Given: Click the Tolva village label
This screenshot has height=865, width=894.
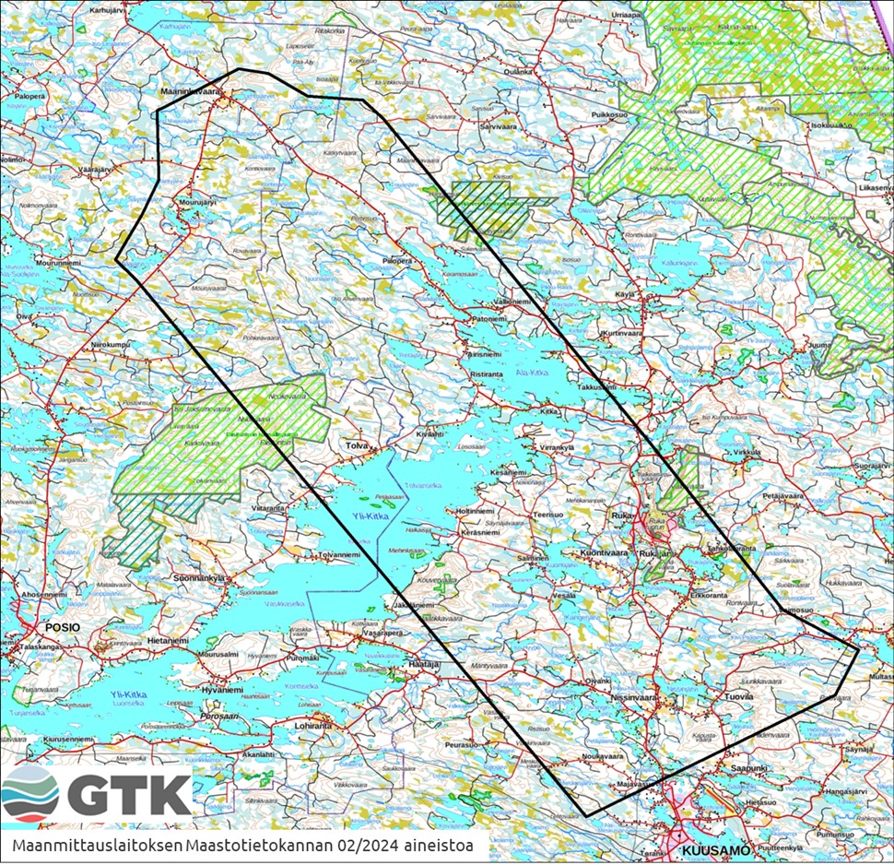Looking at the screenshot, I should click(356, 444).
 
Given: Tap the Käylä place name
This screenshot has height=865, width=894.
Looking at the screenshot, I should click(626, 294).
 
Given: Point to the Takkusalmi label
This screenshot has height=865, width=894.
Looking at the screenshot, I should click(596, 388).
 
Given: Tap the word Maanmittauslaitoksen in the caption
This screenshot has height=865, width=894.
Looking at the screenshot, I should click(97, 845).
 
